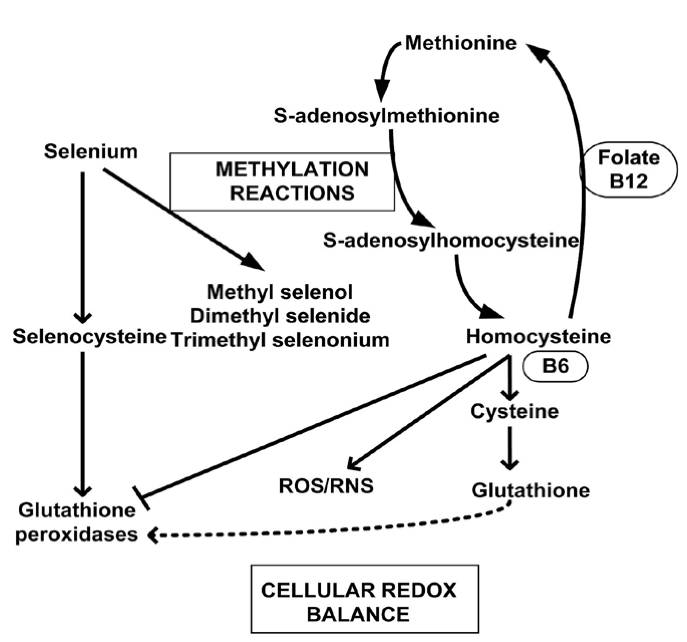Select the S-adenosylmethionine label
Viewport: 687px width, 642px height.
point(386,116)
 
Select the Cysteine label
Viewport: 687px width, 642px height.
point(514,412)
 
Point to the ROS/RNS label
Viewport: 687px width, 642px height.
point(326,486)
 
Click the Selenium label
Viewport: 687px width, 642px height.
point(91,152)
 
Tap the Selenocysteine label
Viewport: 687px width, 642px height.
point(90,336)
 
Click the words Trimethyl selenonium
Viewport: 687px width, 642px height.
point(280,340)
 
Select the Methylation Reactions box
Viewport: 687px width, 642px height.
point(282,182)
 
